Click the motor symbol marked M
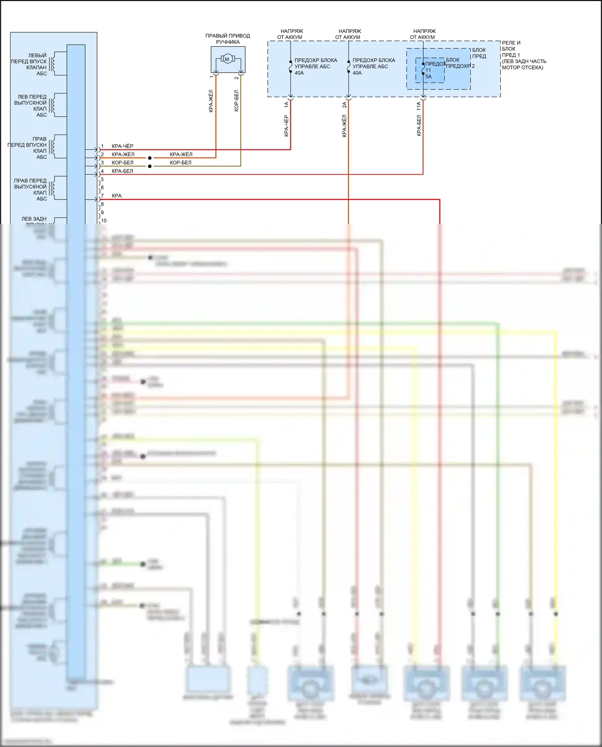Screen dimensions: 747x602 (227, 59)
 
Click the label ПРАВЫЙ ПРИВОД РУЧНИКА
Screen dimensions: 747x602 (228, 39)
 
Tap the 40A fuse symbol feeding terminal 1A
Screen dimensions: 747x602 (291, 67)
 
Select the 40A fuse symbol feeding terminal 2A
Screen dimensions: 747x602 (348, 67)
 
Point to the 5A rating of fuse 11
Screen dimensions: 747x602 (429, 77)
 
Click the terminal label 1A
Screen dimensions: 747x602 (286, 105)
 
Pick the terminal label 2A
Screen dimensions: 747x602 (344, 105)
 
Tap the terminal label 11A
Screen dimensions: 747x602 (419, 106)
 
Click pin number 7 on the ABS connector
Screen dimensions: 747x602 (102, 196)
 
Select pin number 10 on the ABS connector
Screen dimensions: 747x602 (104, 221)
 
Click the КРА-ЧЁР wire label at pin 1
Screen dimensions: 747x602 (122, 146)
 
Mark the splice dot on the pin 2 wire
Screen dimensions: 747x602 (150, 158)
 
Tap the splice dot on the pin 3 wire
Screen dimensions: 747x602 (150, 166)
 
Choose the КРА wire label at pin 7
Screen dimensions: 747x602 (116, 196)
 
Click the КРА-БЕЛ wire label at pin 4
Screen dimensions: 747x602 (122, 171)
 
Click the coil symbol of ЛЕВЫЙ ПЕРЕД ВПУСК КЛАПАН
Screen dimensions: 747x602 (54, 63)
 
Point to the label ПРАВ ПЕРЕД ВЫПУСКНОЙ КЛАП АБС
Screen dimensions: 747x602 (31, 189)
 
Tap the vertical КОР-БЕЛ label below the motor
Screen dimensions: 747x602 (236, 100)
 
